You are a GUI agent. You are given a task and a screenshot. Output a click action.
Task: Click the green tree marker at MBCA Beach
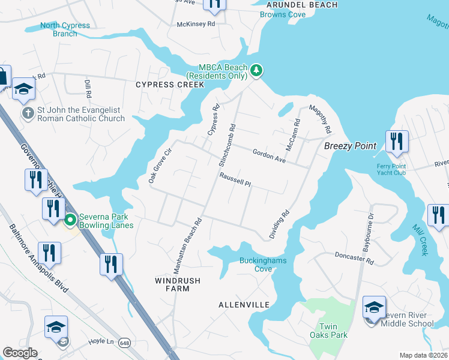[256, 71]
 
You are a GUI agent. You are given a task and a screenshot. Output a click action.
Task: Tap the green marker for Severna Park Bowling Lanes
[70, 220]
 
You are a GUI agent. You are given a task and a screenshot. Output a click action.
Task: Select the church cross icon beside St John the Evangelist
[28, 113]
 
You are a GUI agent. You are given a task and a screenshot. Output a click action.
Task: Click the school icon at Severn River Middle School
[374, 308]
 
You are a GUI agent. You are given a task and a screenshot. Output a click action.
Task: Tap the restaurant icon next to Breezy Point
[397, 142]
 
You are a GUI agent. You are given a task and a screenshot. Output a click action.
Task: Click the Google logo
[20, 353]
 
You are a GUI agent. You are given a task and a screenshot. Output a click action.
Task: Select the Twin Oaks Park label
[328, 330]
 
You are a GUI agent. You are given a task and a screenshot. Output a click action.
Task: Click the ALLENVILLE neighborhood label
[244, 305]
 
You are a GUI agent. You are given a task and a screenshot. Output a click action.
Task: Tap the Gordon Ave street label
[268, 155]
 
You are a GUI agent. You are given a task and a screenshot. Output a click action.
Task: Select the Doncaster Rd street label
[354, 258]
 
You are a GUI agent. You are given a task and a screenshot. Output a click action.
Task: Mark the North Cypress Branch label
[65, 29]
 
